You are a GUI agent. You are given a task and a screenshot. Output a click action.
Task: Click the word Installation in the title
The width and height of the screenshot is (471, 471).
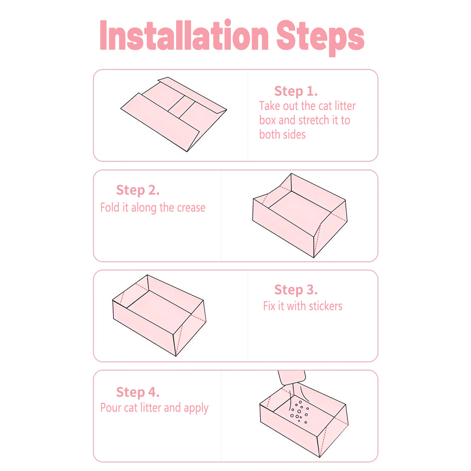click(x=184, y=35)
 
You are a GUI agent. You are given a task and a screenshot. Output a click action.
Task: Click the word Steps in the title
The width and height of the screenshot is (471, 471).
click(x=320, y=38)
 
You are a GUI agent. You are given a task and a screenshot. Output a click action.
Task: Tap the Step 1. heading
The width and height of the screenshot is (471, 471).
click(x=296, y=91)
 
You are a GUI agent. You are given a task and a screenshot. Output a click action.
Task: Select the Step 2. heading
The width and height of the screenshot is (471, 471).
click(x=138, y=190)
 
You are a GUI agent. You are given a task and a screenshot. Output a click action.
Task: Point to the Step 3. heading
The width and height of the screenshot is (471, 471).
click(x=296, y=290)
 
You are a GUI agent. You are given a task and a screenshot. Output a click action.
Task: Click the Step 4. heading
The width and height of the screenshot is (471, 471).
click(x=138, y=392)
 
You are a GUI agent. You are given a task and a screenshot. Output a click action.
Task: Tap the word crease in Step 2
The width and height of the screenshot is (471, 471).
click(x=191, y=208)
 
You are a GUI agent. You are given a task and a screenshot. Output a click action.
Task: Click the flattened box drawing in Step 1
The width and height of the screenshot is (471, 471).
click(x=173, y=114)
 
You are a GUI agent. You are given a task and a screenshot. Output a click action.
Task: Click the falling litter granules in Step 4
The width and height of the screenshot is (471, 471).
click(x=299, y=412)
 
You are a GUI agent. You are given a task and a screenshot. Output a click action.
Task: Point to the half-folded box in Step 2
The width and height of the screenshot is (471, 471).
click(x=300, y=215)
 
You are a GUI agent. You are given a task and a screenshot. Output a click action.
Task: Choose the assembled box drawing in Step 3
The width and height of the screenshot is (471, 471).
click(x=159, y=315)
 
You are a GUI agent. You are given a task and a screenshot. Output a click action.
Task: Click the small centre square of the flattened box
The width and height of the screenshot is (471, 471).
click(x=181, y=107)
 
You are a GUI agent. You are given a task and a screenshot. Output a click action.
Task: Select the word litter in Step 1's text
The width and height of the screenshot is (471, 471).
click(x=345, y=106)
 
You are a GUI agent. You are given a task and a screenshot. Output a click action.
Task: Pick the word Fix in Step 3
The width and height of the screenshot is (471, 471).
click(x=269, y=306)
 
